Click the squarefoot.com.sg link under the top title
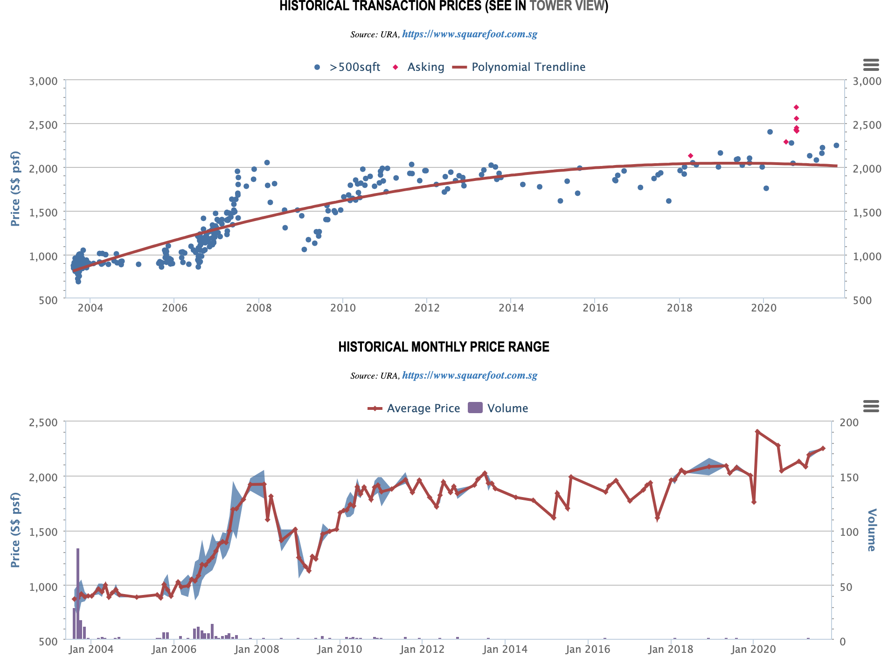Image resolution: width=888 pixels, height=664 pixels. coord(469,34)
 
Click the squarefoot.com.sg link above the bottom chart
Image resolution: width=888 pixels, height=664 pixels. coord(469,375)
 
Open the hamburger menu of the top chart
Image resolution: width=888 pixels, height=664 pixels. coord(871,65)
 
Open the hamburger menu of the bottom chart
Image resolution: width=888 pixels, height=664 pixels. coord(871,406)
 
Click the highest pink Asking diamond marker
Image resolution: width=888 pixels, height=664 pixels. coord(796,107)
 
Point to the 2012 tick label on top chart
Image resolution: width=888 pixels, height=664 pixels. coord(427,308)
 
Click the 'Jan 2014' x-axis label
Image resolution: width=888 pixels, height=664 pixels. coord(506,649)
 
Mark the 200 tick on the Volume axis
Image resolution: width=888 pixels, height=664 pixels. coord(849,422)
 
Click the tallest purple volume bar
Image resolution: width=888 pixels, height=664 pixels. coord(78,593)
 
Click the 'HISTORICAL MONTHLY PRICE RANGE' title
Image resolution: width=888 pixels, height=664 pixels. coord(444,347)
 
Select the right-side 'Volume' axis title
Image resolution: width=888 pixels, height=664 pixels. coord(871,530)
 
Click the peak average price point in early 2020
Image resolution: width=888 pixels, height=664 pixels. coord(757,431)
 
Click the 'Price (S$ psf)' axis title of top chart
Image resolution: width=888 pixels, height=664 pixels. coord(15,188)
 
